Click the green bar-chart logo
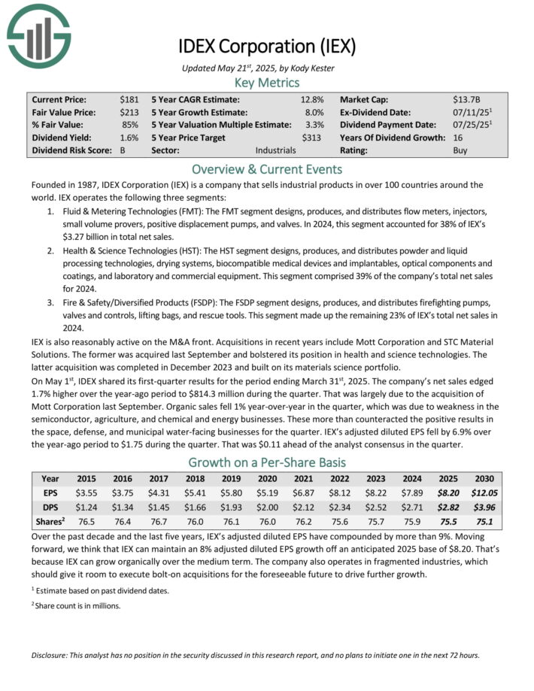coord(37,35)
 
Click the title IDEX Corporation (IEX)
coord(266,46)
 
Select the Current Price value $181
coord(129,98)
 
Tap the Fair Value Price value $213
coord(129,111)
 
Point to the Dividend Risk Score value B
coord(123,150)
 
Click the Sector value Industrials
coord(275,150)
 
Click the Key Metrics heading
coord(266,82)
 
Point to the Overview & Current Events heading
coord(266,169)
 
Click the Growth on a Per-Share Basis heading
coord(266,462)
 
